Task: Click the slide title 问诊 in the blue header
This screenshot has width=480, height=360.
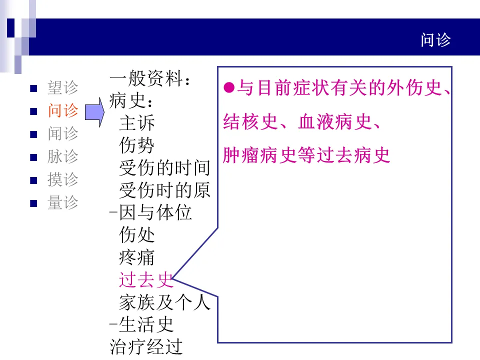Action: click(x=435, y=40)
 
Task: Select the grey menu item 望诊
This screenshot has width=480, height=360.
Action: click(x=63, y=88)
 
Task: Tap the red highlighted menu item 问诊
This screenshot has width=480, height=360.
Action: click(x=63, y=110)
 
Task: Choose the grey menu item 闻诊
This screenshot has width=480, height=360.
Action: click(x=63, y=133)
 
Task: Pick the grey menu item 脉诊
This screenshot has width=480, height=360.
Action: click(x=63, y=156)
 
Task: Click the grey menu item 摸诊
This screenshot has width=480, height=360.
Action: click(x=63, y=179)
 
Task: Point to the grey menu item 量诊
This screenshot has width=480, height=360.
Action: click(x=63, y=202)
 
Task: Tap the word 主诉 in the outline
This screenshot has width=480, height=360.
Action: click(x=136, y=123)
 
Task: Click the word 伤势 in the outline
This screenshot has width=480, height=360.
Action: click(x=136, y=145)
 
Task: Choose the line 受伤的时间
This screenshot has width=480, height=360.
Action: click(x=164, y=168)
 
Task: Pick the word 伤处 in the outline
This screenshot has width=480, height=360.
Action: click(x=136, y=235)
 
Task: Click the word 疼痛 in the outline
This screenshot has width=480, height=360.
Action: click(x=136, y=257)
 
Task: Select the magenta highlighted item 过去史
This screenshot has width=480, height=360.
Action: click(x=145, y=280)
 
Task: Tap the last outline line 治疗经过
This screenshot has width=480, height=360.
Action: click(x=146, y=347)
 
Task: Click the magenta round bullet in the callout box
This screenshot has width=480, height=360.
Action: click(x=229, y=88)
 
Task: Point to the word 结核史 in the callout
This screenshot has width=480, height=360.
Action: click(x=250, y=122)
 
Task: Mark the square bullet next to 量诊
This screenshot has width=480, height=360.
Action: click(x=34, y=203)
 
